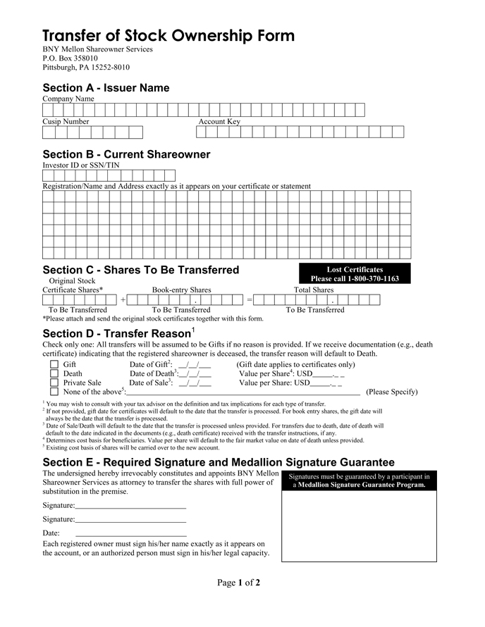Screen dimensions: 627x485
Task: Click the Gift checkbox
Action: [54, 365]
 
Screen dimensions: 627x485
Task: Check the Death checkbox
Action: [54, 374]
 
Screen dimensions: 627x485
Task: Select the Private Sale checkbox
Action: [54, 383]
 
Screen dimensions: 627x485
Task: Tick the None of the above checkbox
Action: [54, 392]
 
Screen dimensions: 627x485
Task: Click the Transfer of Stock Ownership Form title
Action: [168, 36]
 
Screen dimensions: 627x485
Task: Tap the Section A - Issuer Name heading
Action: [106, 88]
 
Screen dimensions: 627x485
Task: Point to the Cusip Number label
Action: [66, 122]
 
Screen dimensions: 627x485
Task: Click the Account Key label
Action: [219, 122]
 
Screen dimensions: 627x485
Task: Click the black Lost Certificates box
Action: [355, 274]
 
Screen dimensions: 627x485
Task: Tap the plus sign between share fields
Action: [123, 300]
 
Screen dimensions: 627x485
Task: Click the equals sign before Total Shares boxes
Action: [249, 300]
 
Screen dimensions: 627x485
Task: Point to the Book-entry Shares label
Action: [181, 290]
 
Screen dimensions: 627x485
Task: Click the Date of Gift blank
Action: [195, 365]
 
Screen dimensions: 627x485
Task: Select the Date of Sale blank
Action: [195, 383]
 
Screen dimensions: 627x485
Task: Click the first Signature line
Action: [130, 506]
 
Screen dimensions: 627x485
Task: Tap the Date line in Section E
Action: [130, 533]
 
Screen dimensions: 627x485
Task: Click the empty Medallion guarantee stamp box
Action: [359, 526]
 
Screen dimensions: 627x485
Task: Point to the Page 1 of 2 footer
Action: [239, 583]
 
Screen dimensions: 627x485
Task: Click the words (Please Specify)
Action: [392, 392]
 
